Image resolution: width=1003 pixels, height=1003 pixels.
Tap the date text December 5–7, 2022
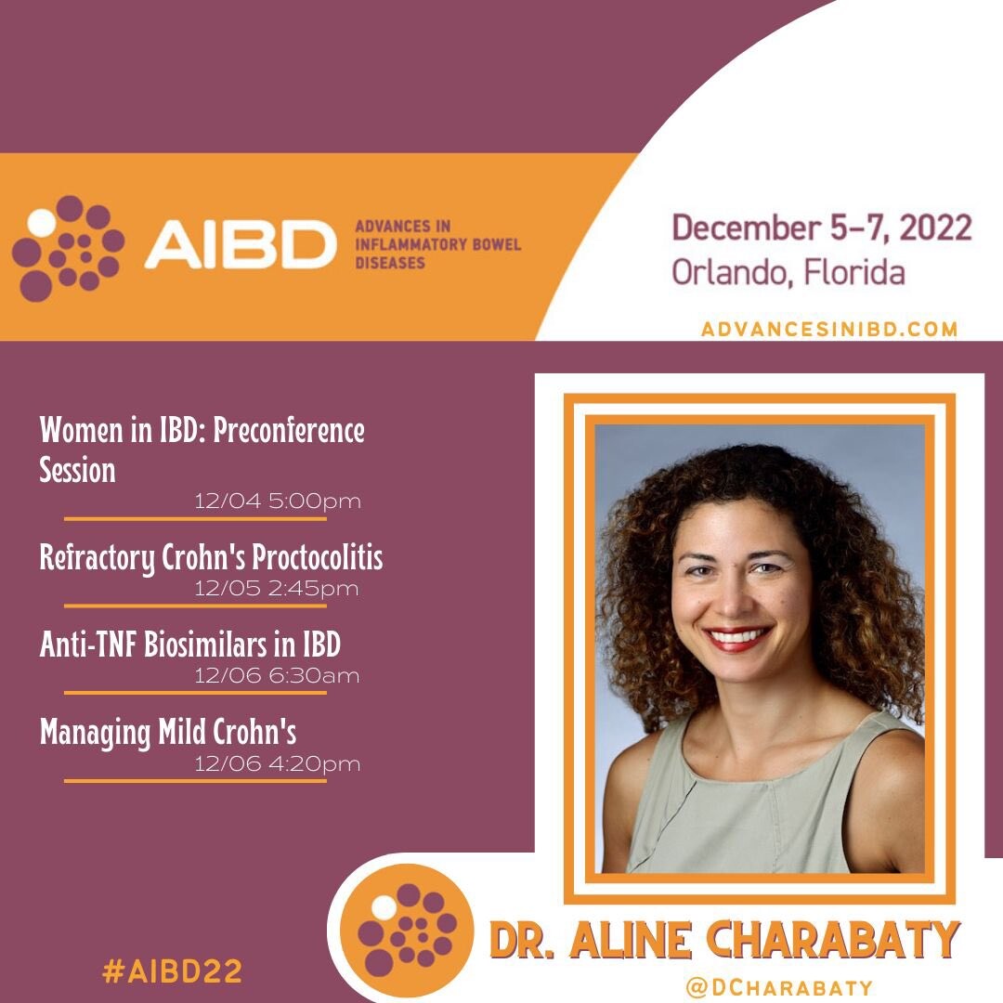click(x=821, y=228)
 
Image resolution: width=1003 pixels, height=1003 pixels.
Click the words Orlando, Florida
click(x=788, y=272)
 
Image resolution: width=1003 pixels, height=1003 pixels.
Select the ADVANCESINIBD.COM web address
click(x=829, y=329)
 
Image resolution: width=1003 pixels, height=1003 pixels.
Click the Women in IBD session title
click(x=202, y=449)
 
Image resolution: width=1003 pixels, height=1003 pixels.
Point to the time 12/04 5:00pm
click(x=278, y=501)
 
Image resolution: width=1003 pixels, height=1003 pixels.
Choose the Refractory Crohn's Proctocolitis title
click(x=211, y=557)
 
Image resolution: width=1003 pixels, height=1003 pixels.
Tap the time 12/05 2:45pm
click(x=277, y=589)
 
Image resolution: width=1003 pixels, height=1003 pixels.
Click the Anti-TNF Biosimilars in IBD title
click(x=190, y=645)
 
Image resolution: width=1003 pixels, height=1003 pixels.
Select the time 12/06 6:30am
click(x=277, y=675)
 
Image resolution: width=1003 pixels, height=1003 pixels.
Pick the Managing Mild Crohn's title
click(x=168, y=733)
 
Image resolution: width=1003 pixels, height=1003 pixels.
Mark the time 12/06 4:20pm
click(x=278, y=763)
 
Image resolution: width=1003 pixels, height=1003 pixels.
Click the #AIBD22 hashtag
click(x=172, y=971)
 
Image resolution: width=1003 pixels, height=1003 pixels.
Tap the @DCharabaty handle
click(x=778, y=987)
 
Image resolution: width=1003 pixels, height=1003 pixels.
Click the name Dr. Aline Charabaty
click(x=724, y=940)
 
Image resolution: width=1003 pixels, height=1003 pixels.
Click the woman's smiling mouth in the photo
click(x=736, y=637)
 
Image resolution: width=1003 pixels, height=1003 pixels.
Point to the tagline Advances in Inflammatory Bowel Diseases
click(x=438, y=244)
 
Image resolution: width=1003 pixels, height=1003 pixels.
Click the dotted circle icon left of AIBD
click(x=68, y=248)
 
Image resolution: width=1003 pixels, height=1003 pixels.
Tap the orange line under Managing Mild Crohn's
click(x=195, y=781)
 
